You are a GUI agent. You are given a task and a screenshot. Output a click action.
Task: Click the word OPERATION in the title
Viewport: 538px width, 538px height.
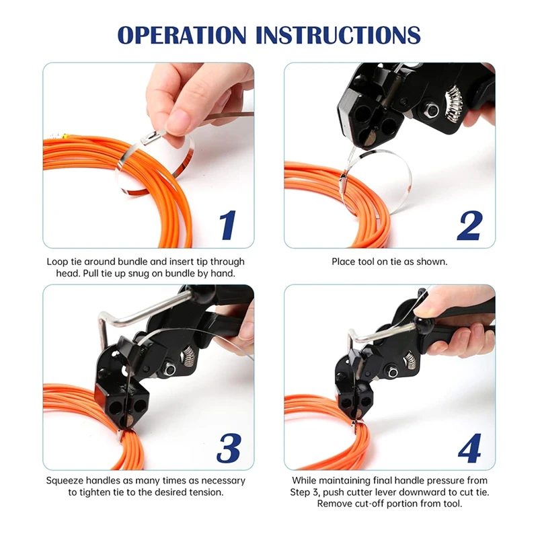[x=182, y=35]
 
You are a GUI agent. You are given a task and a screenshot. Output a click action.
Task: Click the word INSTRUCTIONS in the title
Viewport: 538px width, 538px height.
[x=338, y=35]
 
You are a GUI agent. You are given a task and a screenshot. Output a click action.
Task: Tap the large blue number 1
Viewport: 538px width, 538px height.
[x=227, y=225]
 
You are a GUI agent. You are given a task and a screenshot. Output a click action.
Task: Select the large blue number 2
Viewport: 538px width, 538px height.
[x=469, y=225]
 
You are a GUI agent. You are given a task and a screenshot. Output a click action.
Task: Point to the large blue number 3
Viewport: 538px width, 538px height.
[x=229, y=448]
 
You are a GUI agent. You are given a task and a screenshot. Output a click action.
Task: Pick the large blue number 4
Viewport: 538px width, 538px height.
[x=469, y=448]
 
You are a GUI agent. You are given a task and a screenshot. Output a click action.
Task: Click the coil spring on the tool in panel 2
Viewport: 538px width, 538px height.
[x=454, y=102]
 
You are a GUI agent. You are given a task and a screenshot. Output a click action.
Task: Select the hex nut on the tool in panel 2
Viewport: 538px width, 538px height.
[x=430, y=110]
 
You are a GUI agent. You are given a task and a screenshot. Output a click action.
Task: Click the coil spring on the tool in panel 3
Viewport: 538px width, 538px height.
[x=188, y=356]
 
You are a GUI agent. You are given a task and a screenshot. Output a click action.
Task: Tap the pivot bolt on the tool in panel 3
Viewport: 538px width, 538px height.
[x=169, y=369]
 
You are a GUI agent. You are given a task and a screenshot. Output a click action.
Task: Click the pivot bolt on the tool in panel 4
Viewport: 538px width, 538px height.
[x=393, y=373]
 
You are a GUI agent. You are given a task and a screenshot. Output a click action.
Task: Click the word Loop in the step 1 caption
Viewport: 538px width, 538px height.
[x=58, y=262]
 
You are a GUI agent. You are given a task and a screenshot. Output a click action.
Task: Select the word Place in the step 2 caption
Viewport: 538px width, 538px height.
[x=344, y=262]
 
